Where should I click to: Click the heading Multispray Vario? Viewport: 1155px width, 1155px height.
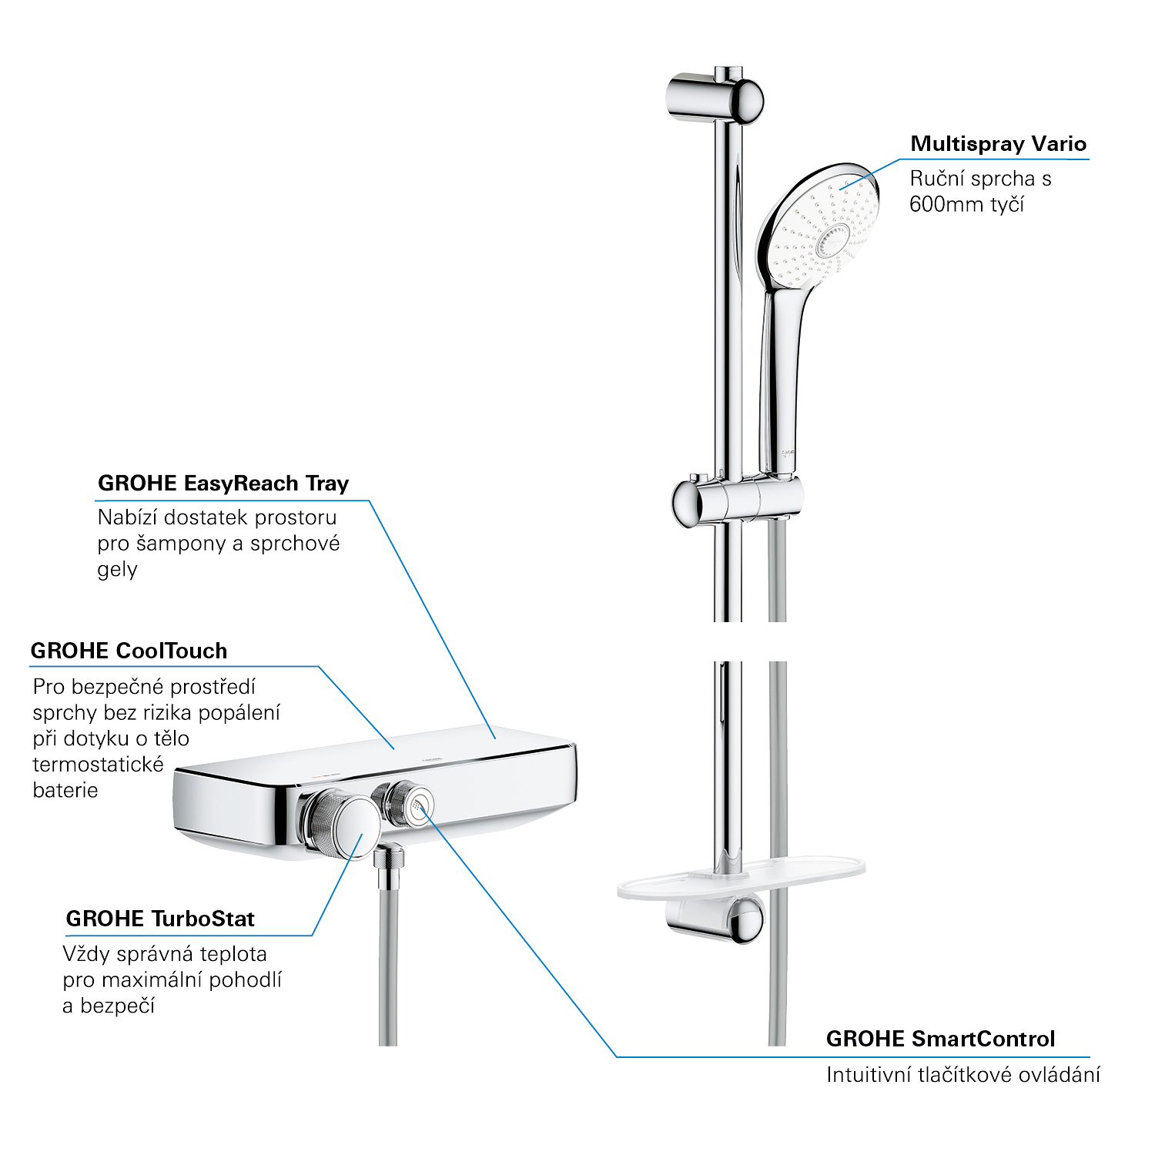(x=998, y=144)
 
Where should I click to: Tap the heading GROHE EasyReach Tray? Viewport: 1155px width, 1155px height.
(x=223, y=484)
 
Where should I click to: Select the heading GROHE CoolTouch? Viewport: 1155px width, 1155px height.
(x=129, y=651)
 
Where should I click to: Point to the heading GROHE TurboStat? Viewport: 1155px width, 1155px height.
(x=160, y=919)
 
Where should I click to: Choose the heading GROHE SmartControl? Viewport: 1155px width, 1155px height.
(x=940, y=1039)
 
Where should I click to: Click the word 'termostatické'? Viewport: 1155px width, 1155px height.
(x=99, y=765)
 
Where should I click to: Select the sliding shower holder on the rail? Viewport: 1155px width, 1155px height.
(x=737, y=502)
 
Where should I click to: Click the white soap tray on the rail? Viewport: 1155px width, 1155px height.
(x=741, y=878)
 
